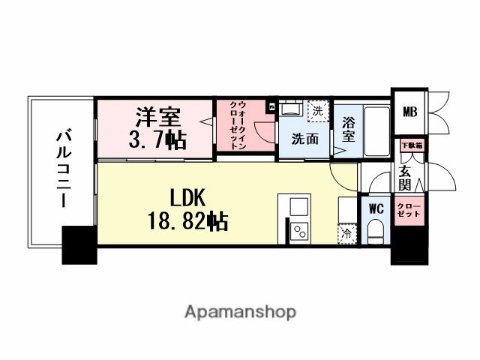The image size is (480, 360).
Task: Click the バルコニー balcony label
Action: pos(62,169)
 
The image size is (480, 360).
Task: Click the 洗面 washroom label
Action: pos(305,139)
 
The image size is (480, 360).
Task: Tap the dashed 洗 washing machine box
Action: pos(318,111)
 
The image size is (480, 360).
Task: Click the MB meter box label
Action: pos(410,112)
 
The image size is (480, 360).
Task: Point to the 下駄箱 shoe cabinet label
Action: pos(411,144)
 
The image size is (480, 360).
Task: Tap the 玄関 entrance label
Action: pos(404,178)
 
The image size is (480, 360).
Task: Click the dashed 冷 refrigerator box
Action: pos(346,234)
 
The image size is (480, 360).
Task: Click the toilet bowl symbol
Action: pos(376,229)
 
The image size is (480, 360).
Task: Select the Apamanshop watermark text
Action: pos(240,311)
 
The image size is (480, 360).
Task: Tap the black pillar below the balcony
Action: pos(79,246)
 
